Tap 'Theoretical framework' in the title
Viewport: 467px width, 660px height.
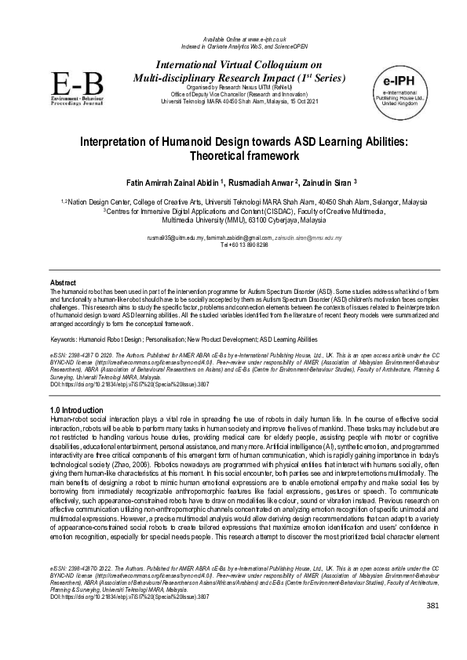[x=233, y=157]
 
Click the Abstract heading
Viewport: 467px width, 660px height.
[x=63, y=281]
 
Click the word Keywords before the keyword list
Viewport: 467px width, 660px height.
[x=64, y=339]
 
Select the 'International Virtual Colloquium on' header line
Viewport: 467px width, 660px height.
[x=233, y=66]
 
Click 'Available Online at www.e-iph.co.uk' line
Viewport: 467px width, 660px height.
[x=233, y=38]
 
